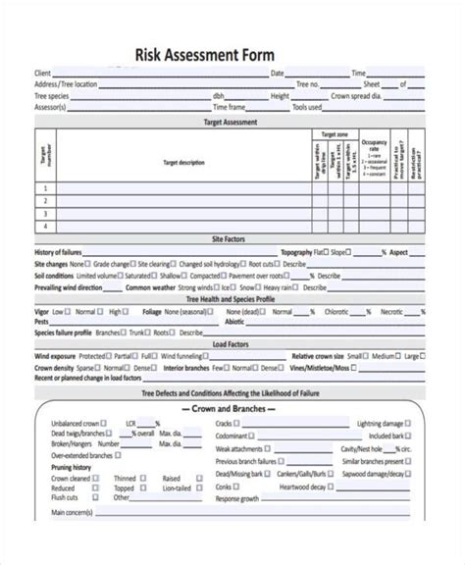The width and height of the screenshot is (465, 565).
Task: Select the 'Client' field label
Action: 42,73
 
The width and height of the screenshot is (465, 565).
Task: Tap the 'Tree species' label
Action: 51,96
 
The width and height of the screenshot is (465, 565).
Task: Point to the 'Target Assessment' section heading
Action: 230,123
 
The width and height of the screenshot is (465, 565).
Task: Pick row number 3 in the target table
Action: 44,213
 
